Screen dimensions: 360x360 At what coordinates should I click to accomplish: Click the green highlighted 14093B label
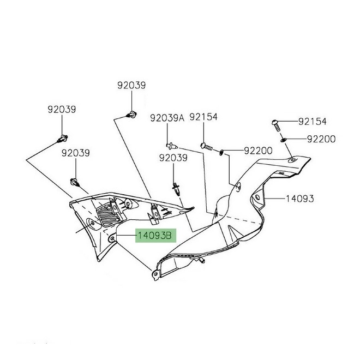(x=155, y=236)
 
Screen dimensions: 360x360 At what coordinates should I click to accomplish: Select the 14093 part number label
(x=299, y=199)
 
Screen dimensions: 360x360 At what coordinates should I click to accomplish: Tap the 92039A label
(x=167, y=118)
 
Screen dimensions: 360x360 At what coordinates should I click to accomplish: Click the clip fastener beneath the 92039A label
(x=172, y=145)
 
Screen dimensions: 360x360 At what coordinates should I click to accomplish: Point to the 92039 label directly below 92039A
(x=173, y=158)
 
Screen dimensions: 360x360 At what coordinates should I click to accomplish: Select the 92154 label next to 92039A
(x=203, y=117)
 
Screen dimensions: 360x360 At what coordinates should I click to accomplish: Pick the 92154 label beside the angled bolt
(x=312, y=122)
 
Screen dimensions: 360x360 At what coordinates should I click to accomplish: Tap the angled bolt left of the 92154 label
(x=277, y=125)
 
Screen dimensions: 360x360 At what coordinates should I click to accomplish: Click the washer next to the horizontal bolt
(x=221, y=152)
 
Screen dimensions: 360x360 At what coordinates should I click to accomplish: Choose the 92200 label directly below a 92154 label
(x=321, y=139)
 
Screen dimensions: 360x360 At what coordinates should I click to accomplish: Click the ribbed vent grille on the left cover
(x=110, y=215)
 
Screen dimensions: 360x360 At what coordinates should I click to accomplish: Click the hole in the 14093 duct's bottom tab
(x=155, y=274)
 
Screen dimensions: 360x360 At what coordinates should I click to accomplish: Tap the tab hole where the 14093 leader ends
(x=257, y=197)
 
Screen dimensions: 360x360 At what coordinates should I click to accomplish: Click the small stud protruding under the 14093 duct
(x=202, y=260)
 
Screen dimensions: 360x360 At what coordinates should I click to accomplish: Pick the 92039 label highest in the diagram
(x=131, y=86)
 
